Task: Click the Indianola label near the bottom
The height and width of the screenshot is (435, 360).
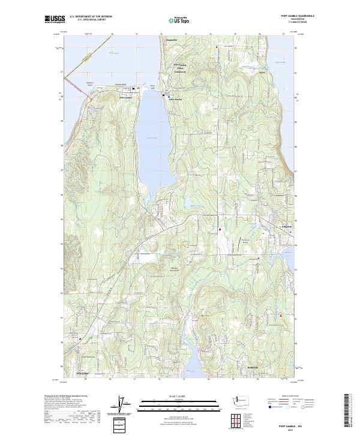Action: tap(251, 368)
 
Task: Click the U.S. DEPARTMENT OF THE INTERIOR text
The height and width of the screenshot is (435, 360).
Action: tap(91, 16)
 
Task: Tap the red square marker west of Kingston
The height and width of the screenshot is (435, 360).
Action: tap(220, 229)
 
